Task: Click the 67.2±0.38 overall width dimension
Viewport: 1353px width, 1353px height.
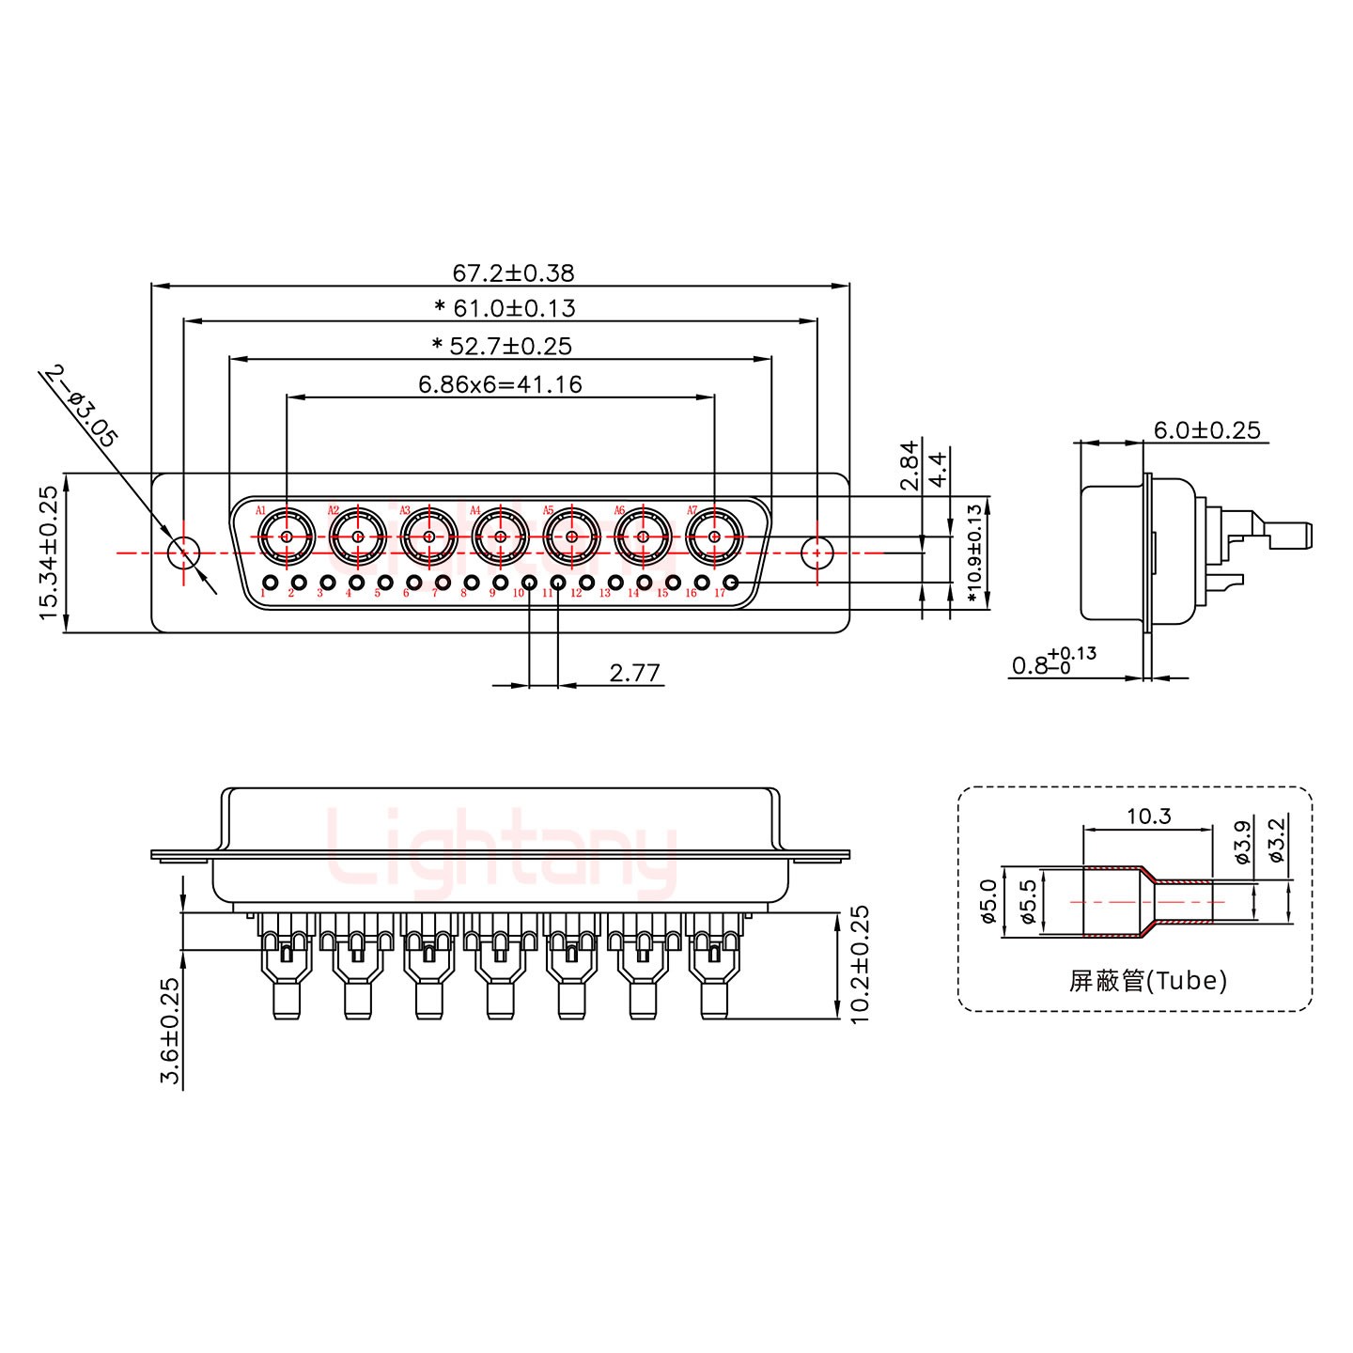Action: coord(513,273)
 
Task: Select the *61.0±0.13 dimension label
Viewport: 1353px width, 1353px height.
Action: coord(505,308)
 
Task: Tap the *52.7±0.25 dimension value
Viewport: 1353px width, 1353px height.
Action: coord(502,346)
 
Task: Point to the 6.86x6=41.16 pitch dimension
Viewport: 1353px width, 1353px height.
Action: coord(500,384)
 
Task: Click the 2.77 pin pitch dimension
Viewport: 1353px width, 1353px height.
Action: coord(635,673)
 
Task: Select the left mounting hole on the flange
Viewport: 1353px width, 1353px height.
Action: coord(183,552)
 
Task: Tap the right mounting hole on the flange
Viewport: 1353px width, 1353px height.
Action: coord(816,552)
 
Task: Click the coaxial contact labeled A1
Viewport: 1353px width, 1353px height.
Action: coord(286,537)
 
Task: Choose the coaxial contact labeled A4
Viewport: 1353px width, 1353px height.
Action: coord(500,537)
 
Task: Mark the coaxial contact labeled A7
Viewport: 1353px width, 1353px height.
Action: coord(714,537)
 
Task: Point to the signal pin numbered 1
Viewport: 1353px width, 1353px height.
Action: coord(271,583)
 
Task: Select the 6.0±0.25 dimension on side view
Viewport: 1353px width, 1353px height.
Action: coord(1206,430)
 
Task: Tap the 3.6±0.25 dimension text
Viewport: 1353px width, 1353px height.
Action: coord(170,1032)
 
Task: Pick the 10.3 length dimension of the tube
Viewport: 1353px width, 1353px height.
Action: coord(1148,816)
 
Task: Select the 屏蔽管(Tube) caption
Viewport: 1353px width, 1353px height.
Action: coord(1147,981)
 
